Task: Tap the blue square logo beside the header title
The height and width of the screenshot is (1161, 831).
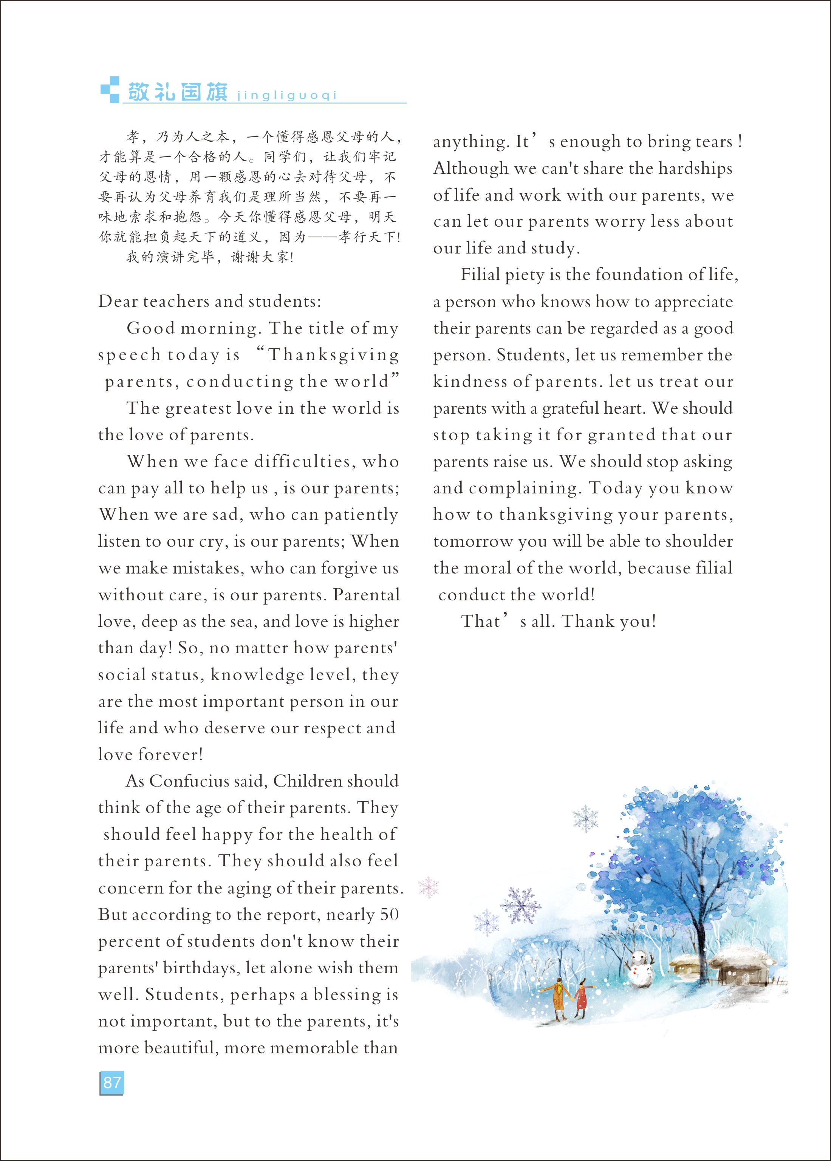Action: [x=110, y=90]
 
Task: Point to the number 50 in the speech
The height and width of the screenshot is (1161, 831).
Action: [x=389, y=914]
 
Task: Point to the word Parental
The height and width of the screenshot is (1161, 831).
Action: [x=367, y=595]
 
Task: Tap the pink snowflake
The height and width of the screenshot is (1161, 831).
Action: [x=429, y=887]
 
